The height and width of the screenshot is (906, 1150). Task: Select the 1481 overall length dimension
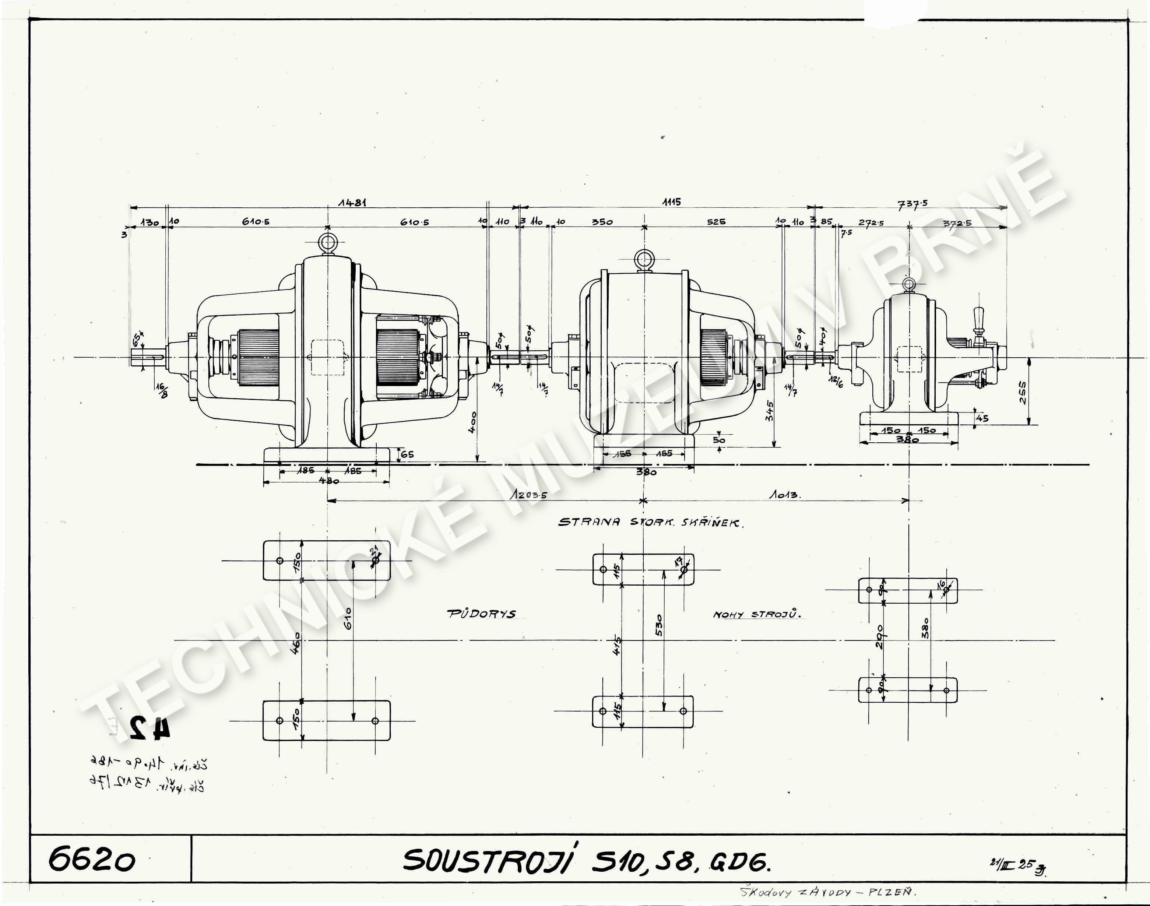[x=352, y=202]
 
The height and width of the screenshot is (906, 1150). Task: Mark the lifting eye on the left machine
[x=327, y=243]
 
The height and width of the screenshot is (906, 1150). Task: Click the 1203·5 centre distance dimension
[x=528, y=494]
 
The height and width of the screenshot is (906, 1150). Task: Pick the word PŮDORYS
[x=481, y=614]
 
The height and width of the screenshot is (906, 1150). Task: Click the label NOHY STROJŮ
[x=756, y=615]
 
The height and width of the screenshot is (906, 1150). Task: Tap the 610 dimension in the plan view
[x=348, y=618]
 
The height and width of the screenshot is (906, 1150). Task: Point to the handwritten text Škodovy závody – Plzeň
[x=827, y=892]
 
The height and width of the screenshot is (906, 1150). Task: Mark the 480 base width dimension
[x=329, y=481]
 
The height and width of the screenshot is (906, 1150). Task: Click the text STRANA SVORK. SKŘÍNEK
[x=650, y=523]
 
